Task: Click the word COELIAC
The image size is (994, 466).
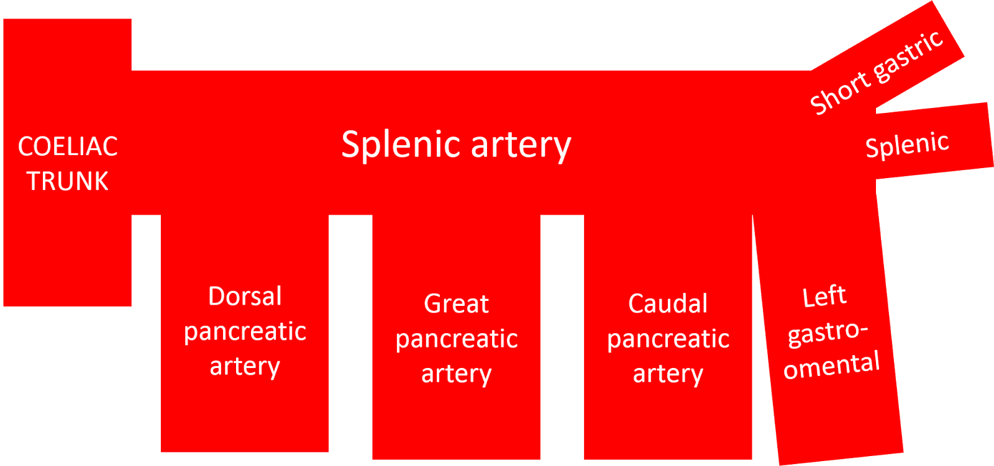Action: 68,147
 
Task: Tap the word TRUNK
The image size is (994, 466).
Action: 68,182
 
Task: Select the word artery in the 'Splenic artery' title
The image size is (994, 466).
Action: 521,146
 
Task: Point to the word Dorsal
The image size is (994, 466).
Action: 245,297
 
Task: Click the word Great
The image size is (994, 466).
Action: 456,304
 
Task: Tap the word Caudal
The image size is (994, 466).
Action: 668,304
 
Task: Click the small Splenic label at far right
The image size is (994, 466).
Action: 907,145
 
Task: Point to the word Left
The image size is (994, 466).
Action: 824,297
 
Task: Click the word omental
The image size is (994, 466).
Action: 831,366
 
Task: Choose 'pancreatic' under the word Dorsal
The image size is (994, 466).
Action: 245,332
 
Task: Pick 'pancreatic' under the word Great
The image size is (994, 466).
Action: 456,339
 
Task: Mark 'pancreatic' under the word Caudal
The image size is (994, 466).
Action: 668,339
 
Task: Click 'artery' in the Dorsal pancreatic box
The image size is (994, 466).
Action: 245,367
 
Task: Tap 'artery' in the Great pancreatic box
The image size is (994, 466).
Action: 456,374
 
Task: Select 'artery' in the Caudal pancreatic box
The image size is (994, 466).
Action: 668,374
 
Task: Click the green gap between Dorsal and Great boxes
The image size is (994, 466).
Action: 350,335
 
